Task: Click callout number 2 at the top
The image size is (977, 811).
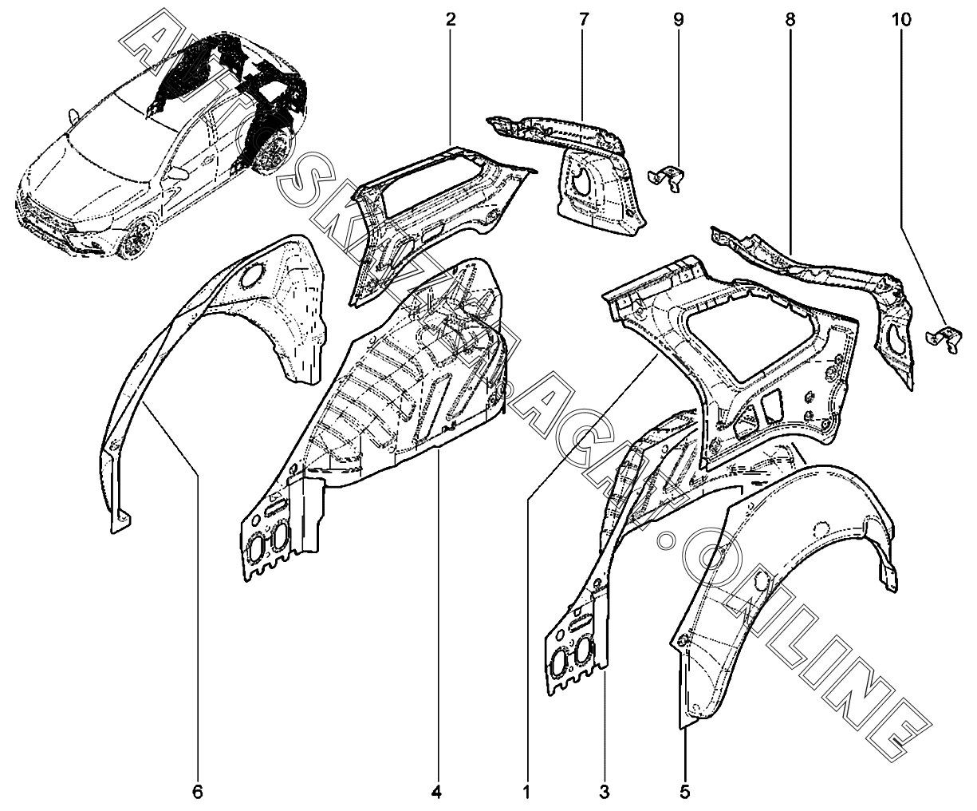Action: click(451, 20)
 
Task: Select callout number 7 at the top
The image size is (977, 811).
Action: click(584, 20)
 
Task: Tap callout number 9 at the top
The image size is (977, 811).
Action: click(679, 20)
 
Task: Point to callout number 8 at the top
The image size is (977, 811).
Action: click(790, 20)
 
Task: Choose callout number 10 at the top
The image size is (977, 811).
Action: click(902, 20)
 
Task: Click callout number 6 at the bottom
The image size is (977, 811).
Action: click(198, 792)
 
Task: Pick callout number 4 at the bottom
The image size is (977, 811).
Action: click(436, 792)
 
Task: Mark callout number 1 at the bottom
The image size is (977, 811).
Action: click(526, 792)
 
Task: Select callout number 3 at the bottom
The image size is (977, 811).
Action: click(604, 792)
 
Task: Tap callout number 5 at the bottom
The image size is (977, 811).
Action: click(684, 792)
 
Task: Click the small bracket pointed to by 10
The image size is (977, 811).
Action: click(944, 339)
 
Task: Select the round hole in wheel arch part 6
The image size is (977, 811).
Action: click(253, 275)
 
